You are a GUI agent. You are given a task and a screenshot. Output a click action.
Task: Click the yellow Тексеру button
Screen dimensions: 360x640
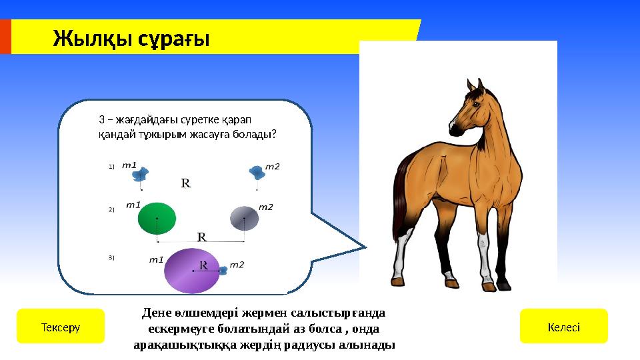61,326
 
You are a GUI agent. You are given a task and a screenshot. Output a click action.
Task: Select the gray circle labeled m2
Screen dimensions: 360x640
244,218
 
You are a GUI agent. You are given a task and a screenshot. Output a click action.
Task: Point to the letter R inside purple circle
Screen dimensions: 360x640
203,265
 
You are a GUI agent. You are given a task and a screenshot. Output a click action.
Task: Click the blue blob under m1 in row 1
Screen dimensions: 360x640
139,175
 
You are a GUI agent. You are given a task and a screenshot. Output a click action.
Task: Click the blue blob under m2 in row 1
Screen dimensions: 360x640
257,173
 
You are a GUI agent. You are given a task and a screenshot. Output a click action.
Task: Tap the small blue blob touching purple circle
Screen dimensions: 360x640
223,271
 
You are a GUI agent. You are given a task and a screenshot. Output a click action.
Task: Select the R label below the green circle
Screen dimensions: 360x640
201,237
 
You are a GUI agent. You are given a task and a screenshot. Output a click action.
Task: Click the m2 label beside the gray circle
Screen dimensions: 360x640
265,207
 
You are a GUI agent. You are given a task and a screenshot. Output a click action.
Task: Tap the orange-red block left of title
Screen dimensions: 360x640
5,37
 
